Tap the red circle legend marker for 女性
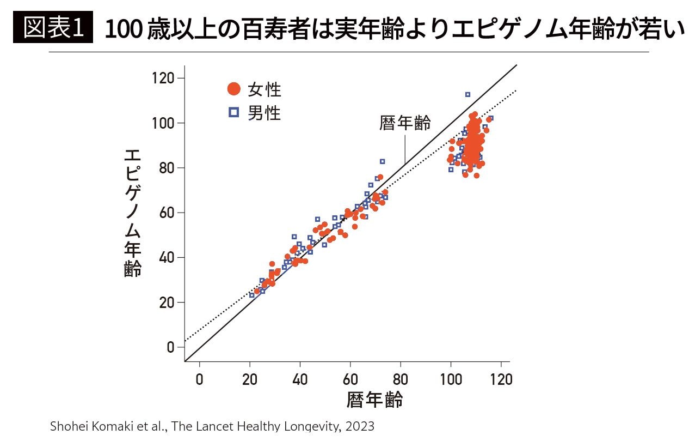233,88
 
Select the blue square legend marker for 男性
233,113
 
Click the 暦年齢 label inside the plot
405,123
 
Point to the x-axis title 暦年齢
374,400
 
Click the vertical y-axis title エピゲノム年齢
132,213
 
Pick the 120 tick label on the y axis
164,78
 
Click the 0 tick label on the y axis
170,347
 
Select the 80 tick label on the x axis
401,379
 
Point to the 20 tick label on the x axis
250,379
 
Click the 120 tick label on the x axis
501,379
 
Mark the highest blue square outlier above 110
468,94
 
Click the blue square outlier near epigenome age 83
382,161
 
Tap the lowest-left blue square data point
252,295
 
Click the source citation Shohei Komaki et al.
108,426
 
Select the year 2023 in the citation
360,426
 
